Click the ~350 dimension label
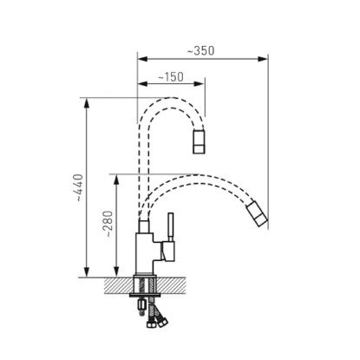(x=201, y=50)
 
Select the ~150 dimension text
(x=171, y=77)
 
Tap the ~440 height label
(x=78, y=187)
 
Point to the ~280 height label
(x=108, y=224)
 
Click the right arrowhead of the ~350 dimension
(x=263, y=59)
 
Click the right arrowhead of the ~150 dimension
(x=200, y=84)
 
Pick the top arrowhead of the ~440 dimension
(x=87, y=103)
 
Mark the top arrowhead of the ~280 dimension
(x=116, y=180)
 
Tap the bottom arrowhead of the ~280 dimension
(x=116, y=272)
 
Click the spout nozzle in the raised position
(x=199, y=141)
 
